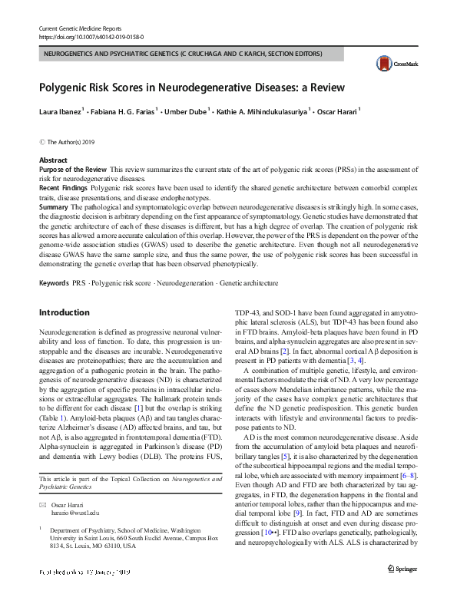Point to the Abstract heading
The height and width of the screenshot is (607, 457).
click(x=53, y=159)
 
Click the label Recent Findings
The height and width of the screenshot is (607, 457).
click(x=64, y=186)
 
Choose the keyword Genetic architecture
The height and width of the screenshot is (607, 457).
click(x=249, y=284)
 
